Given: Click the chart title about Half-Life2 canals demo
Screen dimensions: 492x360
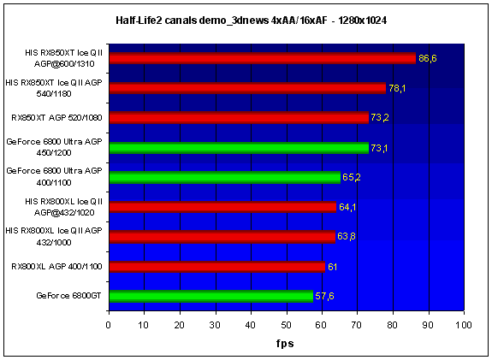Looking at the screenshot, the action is (x=251, y=21).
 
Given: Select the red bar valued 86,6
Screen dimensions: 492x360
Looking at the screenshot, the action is (x=263, y=58).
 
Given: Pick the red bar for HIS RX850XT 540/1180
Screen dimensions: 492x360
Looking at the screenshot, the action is (x=247, y=88).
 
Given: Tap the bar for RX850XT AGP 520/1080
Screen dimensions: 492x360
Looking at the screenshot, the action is (x=239, y=118).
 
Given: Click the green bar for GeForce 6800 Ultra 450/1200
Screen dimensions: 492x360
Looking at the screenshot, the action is (x=239, y=148).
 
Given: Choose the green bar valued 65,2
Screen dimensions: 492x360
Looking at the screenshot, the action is (x=225, y=178).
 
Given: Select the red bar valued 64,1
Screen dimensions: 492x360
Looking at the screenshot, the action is (x=222, y=207).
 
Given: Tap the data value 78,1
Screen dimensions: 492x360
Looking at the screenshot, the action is (x=397, y=88).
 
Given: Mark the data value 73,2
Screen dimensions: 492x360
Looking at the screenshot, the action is (x=380, y=118).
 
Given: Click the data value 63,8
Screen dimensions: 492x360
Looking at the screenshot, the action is (x=346, y=236).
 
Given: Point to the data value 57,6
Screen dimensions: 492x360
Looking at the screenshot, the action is (x=324, y=297).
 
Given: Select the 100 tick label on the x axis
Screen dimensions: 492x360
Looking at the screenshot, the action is (x=464, y=325).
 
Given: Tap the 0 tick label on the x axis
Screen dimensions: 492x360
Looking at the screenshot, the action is (x=109, y=325).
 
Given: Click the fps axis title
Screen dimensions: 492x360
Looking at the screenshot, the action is (x=285, y=344).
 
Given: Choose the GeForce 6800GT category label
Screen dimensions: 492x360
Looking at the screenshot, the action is (x=68, y=296).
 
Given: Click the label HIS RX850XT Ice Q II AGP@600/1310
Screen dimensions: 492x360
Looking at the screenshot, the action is (x=63, y=58).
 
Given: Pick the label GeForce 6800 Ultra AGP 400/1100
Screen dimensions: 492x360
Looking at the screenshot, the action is (x=54, y=176).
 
